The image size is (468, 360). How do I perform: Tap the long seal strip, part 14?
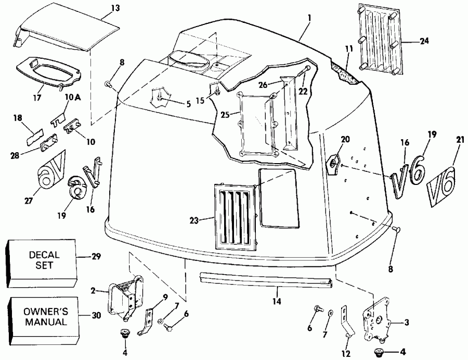(x=265, y=281)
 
